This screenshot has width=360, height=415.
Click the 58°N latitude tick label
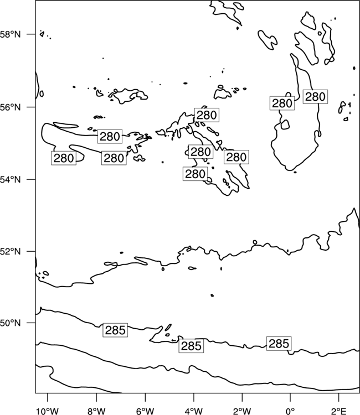[x=11, y=34]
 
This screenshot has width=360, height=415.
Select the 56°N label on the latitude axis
[x=11, y=107]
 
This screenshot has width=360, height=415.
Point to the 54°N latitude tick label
[x=11, y=179]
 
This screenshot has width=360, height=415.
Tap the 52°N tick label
[x=11, y=251]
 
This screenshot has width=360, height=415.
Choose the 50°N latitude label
[x=11, y=323]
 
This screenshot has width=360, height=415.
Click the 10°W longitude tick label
[x=48, y=411]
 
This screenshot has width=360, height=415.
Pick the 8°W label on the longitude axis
[x=96, y=411]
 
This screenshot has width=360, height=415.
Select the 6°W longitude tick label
[x=145, y=411]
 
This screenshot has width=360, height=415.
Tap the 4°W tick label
[x=194, y=411]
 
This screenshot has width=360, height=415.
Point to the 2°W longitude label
[x=242, y=411]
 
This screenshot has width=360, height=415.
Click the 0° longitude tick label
[x=290, y=411]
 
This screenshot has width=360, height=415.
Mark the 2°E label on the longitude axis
[x=339, y=411]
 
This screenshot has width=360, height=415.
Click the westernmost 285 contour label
[x=115, y=330]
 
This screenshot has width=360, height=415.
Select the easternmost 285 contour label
[x=279, y=344]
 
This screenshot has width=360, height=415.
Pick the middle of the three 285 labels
[x=191, y=346]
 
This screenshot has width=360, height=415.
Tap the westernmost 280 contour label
[x=64, y=158]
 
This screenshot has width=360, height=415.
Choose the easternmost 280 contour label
[x=315, y=97]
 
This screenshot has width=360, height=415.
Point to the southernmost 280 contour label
[x=196, y=174]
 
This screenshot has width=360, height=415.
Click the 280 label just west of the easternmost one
[x=282, y=103]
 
